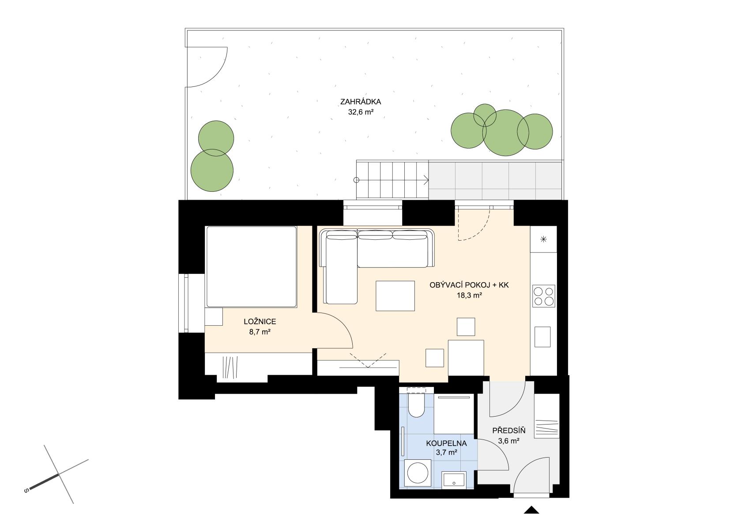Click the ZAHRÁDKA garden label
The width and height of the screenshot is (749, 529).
pyautogui.click(x=361, y=101)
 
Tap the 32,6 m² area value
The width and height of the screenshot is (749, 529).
pyautogui.click(x=361, y=112)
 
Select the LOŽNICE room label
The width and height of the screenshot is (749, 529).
pyautogui.click(x=260, y=322)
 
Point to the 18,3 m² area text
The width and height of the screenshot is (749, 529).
pyautogui.click(x=469, y=295)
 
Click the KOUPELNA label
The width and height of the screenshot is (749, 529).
pyautogui.click(x=446, y=443)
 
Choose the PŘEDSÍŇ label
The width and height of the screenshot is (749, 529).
pyautogui.click(x=508, y=431)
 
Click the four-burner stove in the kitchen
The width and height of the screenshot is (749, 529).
pyautogui.click(x=544, y=296)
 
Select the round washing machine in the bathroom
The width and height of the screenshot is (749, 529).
pyautogui.click(x=417, y=473)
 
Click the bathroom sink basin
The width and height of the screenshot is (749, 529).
pyautogui.click(x=454, y=481)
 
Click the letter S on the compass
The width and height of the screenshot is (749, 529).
pyautogui.click(x=26, y=490)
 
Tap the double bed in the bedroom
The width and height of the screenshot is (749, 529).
pyautogui.click(x=252, y=267)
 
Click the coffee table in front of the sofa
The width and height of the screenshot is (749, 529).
pyautogui.click(x=395, y=296)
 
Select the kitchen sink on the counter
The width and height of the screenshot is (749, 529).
pyautogui.click(x=542, y=337)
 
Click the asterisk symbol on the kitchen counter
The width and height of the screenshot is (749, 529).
pyautogui.click(x=544, y=239)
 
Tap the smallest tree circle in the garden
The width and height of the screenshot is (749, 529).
pyautogui.click(x=485, y=115)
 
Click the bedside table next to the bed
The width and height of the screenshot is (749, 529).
pyautogui.click(x=214, y=317)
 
